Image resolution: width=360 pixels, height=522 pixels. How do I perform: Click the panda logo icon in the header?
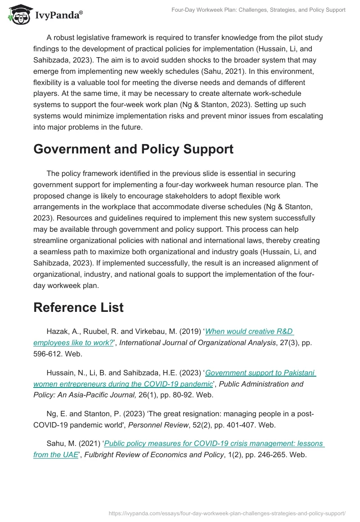pyautogui.click(x=18, y=15)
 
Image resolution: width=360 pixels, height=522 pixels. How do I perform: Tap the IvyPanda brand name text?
pyautogui.click(x=58, y=15)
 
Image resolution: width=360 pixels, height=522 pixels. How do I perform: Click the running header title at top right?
pyautogui.click(x=258, y=10)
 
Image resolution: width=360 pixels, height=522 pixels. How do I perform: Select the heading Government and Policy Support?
pyautogui.click(x=133, y=149)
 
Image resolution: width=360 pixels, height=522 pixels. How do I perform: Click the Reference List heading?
pyautogui.click(x=78, y=307)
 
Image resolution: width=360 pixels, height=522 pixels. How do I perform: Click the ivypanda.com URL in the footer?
pyautogui.click(x=227, y=513)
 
